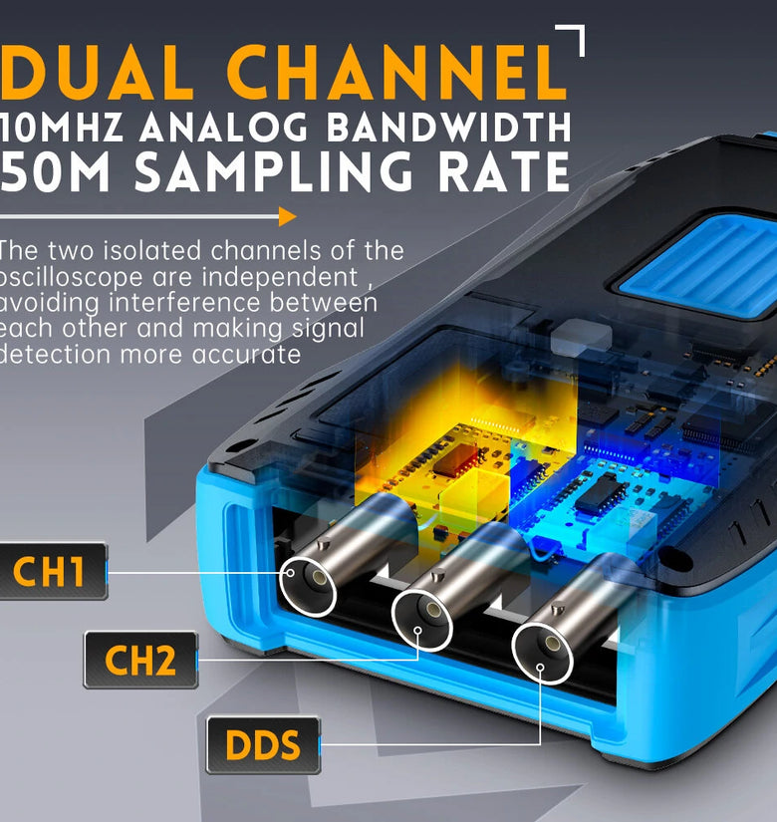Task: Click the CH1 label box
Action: [53, 571]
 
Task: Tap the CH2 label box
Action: [140, 660]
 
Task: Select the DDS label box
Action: [263, 744]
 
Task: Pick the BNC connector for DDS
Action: [543, 647]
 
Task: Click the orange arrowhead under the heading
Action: [287, 216]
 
